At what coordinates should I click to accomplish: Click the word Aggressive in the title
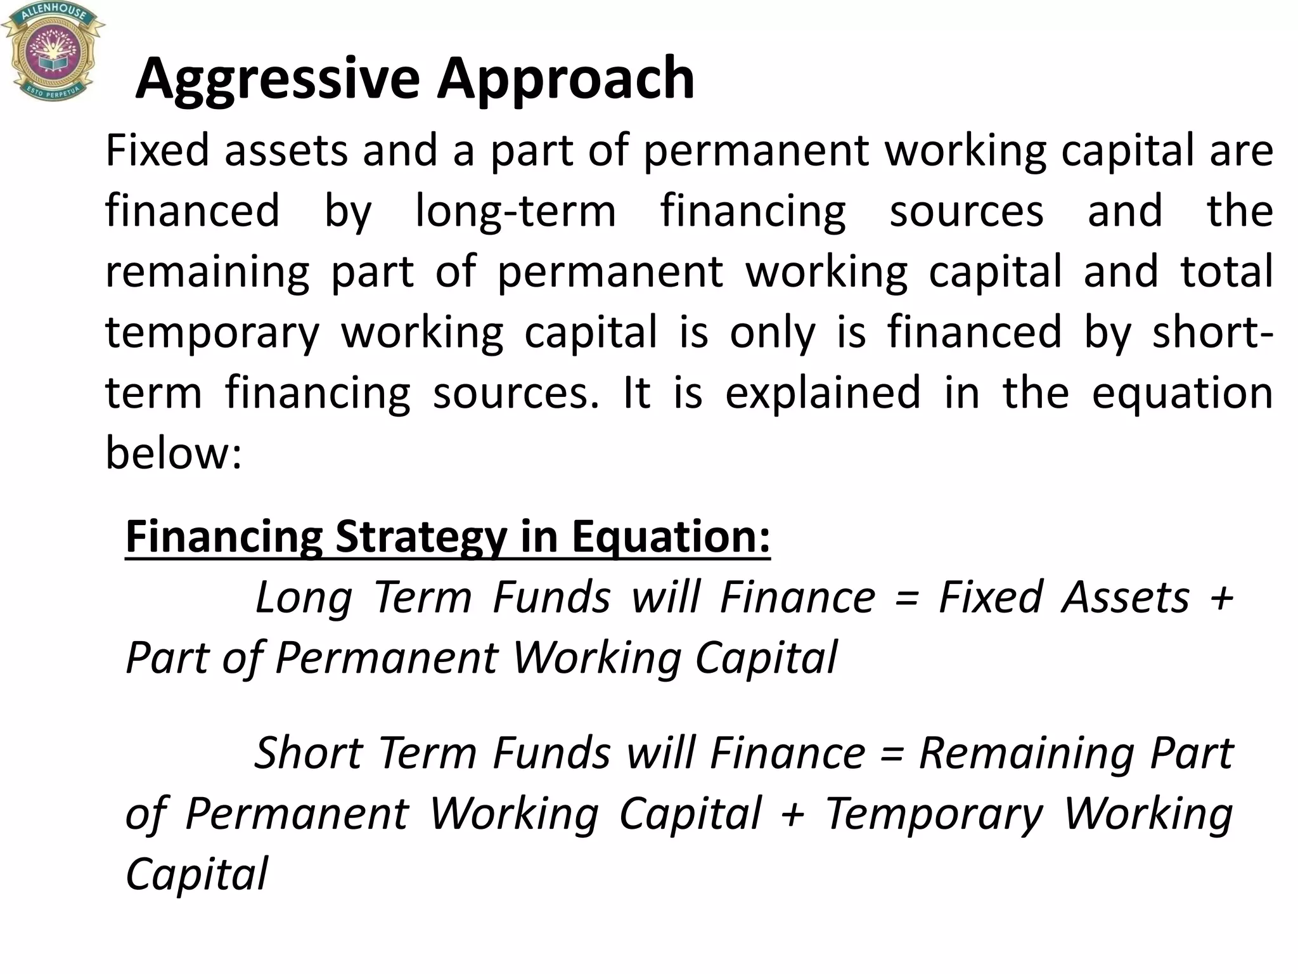click(x=278, y=79)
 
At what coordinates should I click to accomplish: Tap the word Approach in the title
click(x=566, y=79)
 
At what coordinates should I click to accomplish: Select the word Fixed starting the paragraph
click(x=157, y=150)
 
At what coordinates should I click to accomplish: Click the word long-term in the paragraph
click(x=515, y=211)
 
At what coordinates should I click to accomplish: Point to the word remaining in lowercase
click(x=207, y=271)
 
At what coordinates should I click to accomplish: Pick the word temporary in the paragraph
click(x=212, y=332)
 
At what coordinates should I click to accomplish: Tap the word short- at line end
click(x=1212, y=332)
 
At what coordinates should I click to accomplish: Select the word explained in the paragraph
click(x=823, y=393)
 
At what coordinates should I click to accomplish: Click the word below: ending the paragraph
click(x=174, y=453)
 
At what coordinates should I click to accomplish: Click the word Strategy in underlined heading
click(x=421, y=536)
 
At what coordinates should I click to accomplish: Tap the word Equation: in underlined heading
click(x=671, y=536)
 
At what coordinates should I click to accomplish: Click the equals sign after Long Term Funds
click(x=907, y=599)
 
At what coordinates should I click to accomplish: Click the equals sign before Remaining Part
click(x=892, y=754)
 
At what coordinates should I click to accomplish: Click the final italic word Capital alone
click(x=197, y=874)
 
